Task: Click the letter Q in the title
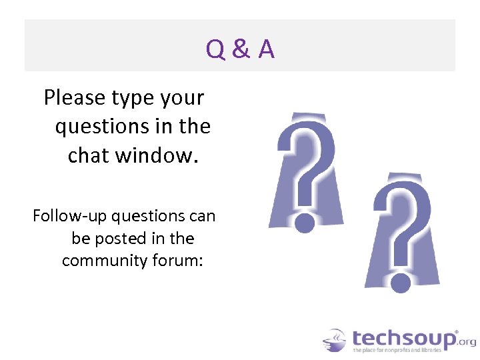(x=216, y=49)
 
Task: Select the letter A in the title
(x=266, y=49)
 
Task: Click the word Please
(x=75, y=98)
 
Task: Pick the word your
(x=183, y=99)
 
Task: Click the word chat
(x=89, y=155)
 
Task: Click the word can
(x=202, y=216)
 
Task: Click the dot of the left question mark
(x=305, y=222)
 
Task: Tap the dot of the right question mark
(x=401, y=283)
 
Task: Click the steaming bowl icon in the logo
(x=334, y=340)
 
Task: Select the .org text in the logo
(x=467, y=341)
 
